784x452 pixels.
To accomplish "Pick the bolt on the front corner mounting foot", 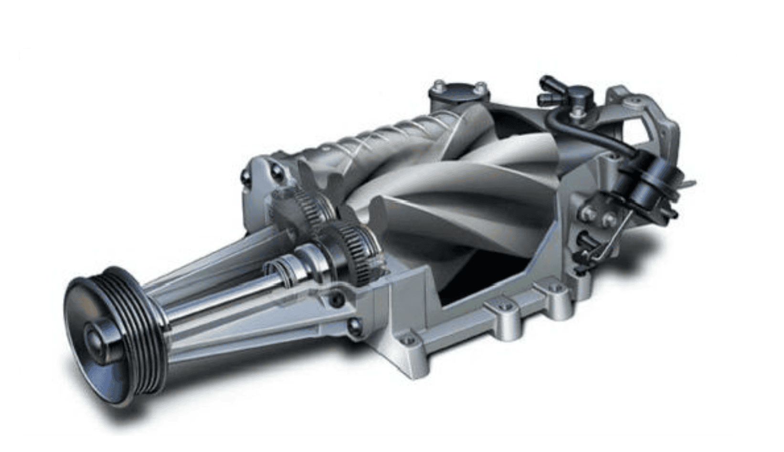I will point(408,340).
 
